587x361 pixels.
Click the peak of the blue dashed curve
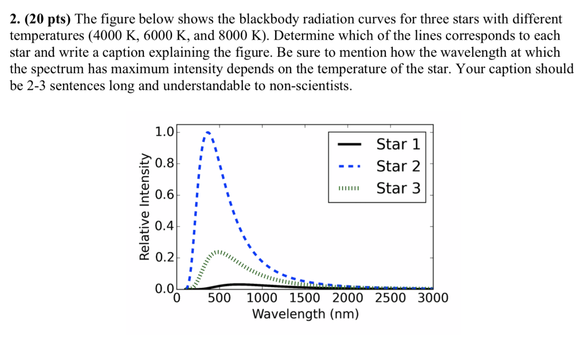pyautogui.click(x=208, y=132)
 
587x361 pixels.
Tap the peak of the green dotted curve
pyautogui.click(x=218, y=251)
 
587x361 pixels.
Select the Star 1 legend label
pyautogui.click(x=398, y=144)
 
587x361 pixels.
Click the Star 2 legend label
pyautogui.click(x=398, y=166)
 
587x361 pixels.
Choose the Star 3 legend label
pyautogui.click(x=398, y=188)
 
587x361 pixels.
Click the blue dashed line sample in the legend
pyautogui.click(x=349, y=167)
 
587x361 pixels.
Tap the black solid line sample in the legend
pyautogui.click(x=349, y=144)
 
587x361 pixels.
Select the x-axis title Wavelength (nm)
pyautogui.click(x=305, y=315)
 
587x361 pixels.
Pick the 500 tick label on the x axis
pyautogui.click(x=220, y=298)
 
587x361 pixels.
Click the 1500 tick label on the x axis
pyautogui.click(x=305, y=298)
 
